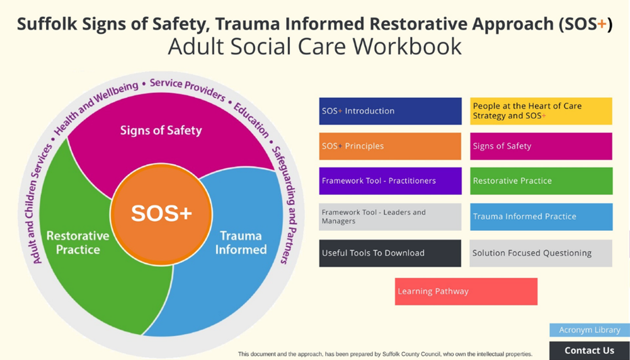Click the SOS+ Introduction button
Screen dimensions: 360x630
(390, 111)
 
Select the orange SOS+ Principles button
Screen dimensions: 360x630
(390, 146)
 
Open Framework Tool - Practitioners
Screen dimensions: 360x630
(390, 181)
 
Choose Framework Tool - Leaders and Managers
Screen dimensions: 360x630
(390, 217)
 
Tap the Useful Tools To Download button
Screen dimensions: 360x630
(390, 253)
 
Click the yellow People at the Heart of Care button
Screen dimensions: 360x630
(541, 111)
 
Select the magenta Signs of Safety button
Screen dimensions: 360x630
(541, 146)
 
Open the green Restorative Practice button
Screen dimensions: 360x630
(541, 181)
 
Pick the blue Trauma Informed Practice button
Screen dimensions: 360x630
(541, 217)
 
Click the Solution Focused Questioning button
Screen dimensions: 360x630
(541, 253)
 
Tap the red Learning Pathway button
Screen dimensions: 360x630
(466, 291)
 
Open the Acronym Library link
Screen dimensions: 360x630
(589, 330)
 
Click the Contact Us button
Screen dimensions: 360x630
(589, 351)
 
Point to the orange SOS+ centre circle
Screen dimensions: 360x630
(161, 214)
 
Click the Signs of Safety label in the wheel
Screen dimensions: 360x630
(161, 131)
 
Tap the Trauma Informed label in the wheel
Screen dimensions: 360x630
(241, 243)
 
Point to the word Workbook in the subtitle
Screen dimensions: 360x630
(410, 47)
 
